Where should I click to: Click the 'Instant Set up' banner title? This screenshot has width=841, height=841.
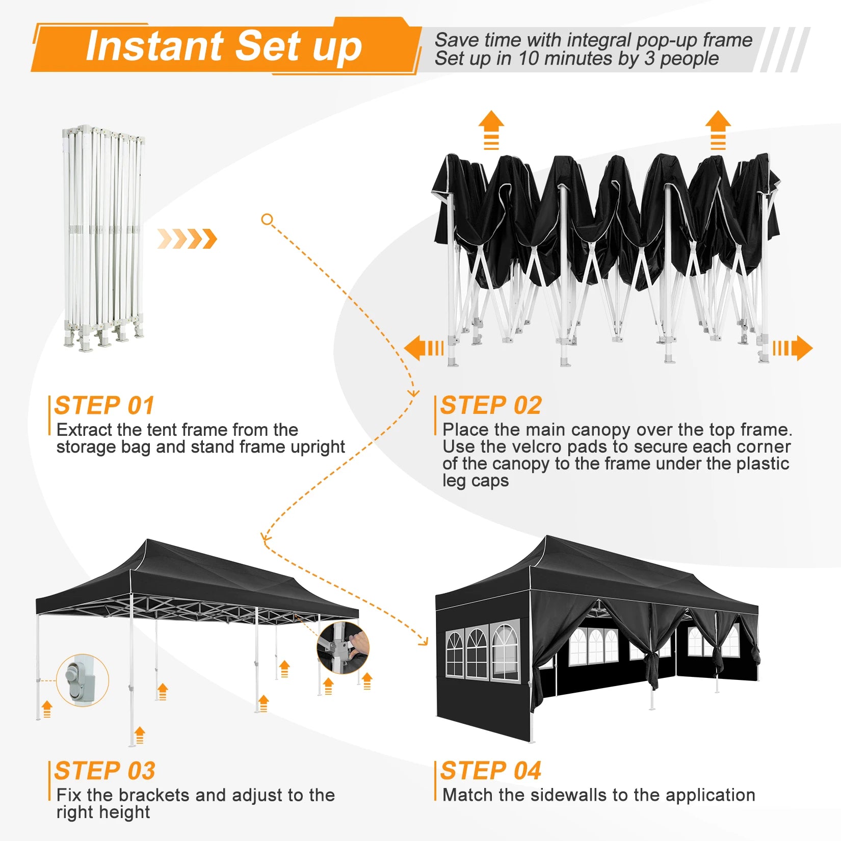point(224,47)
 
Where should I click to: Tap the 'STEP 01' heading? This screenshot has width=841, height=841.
point(104,406)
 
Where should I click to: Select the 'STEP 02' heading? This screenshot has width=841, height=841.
point(491,406)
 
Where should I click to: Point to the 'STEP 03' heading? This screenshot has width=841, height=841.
point(105,771)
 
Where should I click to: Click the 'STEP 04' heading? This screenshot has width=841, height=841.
point(491,771)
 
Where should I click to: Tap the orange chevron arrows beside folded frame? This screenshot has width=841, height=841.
point(187,239)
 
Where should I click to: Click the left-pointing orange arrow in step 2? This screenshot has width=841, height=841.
point(424,348)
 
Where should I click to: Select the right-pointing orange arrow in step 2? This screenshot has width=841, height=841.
point(793,348)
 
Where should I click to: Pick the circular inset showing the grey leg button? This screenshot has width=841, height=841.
point(83,680)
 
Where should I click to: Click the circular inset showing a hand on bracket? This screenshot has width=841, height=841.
point(343,647)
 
